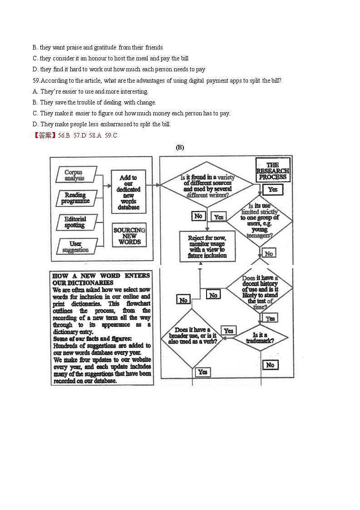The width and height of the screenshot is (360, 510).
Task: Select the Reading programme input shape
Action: [x=75, y=198]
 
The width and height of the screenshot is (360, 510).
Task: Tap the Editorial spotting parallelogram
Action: [x=75, y=222]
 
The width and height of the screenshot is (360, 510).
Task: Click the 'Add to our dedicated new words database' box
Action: [x=129, y=192]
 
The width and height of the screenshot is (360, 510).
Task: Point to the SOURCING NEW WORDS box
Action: [x=129, y=236]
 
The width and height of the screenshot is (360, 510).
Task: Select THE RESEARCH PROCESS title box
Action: [x=273, y=171]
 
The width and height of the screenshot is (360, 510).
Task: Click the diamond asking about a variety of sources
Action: [x=207, y=186]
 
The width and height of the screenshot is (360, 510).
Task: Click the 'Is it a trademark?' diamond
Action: [x=260, y=338]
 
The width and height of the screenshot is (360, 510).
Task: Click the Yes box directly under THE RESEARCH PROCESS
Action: [x=272, y=189]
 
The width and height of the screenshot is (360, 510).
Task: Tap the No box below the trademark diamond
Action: [x=270, y=365]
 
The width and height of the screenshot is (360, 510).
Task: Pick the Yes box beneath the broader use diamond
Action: [x=202, y=372]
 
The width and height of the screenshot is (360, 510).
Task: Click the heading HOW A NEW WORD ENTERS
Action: [x=101, y=276]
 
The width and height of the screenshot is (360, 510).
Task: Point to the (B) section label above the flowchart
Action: [x=180, y=147]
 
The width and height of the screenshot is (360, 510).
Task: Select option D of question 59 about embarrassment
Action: [x=102, y=124]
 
